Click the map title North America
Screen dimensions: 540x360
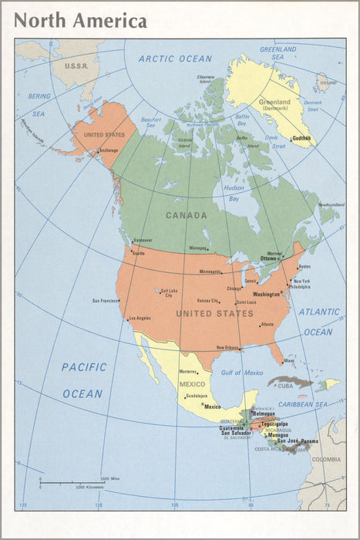click(80, 21)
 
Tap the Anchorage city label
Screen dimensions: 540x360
click(109, 150)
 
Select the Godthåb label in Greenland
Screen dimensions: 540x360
click(301, 139)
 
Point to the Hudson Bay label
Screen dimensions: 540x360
click(234, 193)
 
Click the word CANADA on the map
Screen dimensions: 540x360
click(187, 215)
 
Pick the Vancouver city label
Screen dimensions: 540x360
click(143, 240)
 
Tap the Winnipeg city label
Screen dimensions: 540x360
click(198, 248)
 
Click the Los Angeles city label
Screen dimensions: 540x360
click(140, 318)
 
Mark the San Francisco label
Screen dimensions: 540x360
click(106, 301)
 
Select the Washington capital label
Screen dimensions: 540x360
click(266, 295)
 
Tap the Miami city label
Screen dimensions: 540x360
click(288, 360)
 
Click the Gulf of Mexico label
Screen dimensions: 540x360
click(241, 373)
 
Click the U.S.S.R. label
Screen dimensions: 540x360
click(76, 66)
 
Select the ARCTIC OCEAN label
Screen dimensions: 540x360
click(175, 59)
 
